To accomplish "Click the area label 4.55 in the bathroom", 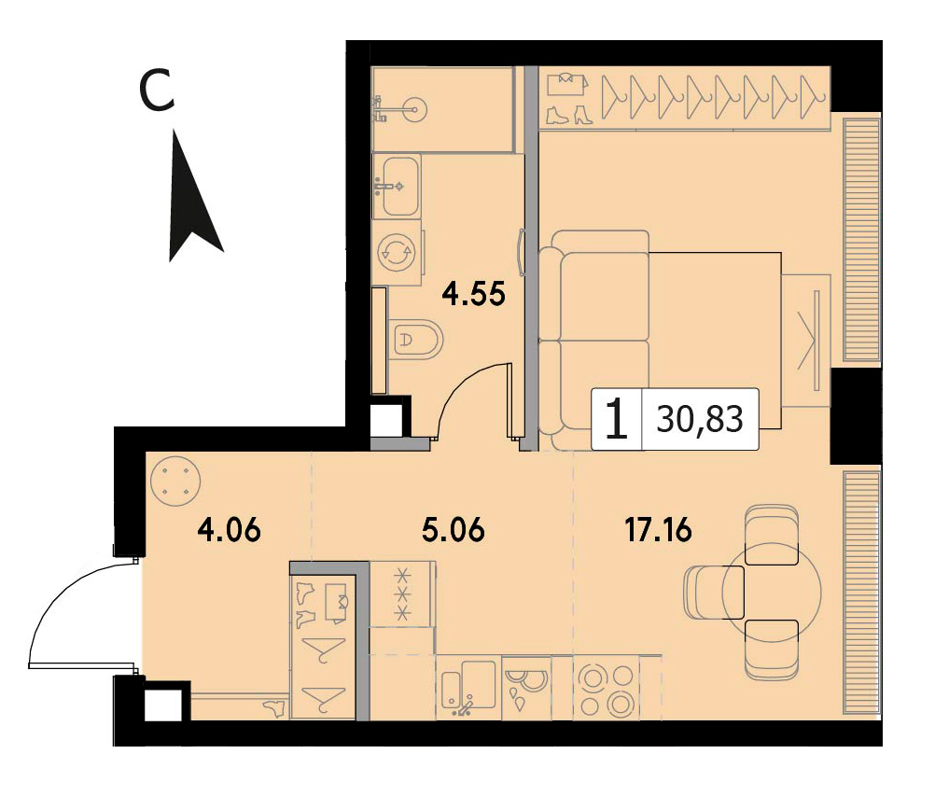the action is click(x=473, y=293).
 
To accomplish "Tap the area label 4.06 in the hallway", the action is click(x=230, y=530).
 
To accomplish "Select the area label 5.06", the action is click(x=454, y=530).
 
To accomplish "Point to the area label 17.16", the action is click(x=658, y=530).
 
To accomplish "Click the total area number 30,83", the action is click(x=700, y=419).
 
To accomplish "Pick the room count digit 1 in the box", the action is click(x=617, y=419).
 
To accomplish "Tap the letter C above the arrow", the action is click(x=157, y=90).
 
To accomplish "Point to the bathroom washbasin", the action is click(x=397, y=185).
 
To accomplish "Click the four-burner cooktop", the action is click(x=606, y=688).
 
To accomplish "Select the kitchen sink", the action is click(x=468, y=688).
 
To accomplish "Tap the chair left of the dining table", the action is click(x=714, y=592).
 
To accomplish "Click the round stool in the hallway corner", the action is click(x=175, y=482).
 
